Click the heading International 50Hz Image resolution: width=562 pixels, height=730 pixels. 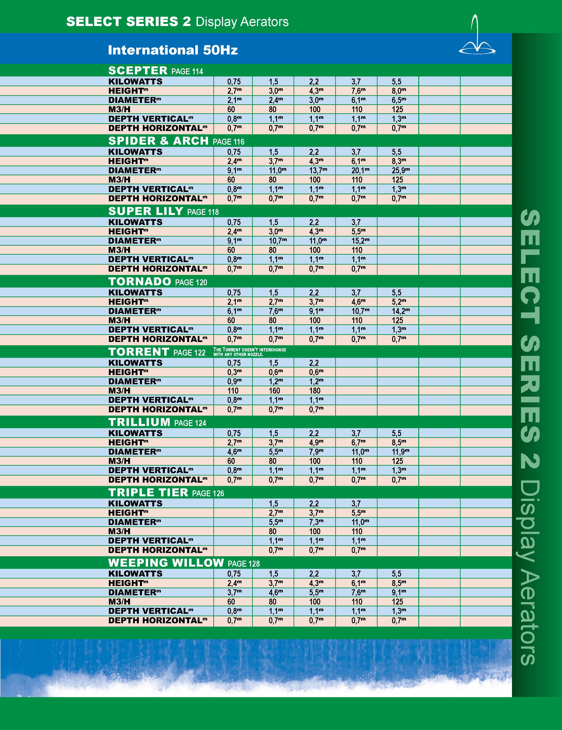pyautogui.click(x=173, y=50)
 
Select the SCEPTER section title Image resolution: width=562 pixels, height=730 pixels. pyautogui.click(x=138, y=71)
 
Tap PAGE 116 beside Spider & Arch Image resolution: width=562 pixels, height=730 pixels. pyautogui.click(x=229, y=142)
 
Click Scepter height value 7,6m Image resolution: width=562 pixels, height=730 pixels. pyautogui.click(x=358, y=91)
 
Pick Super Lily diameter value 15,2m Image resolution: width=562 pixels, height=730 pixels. pyautogui.click(x=360, y=241)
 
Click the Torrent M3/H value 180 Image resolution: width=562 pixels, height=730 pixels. pyautogui.click(x=314, y=391)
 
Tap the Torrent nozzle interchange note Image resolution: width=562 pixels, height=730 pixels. pyautogui.click(x=249, y=352)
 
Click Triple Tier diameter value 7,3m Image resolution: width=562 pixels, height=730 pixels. pyautogui.click(x=316, y=522)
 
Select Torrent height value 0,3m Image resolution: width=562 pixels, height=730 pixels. pyautogui.click(x=234, y=372)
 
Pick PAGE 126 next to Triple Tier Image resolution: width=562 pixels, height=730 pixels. pyautogui.click(x=208, y=493)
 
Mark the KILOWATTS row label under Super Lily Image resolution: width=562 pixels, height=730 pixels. pyautogui.click(x=135, y=222)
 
